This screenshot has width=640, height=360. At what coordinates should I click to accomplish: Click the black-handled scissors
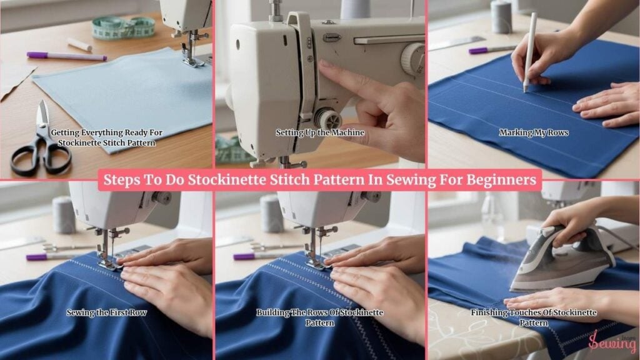(41, 143)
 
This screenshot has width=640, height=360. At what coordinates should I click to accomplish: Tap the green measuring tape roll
(123, 27)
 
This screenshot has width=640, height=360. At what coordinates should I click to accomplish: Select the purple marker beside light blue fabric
(66, 56)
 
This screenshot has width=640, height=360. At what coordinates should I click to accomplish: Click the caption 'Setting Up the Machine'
(320, 132)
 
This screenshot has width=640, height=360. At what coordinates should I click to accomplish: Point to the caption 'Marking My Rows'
(534, 132)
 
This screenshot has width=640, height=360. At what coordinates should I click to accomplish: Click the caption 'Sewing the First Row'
(106, 312)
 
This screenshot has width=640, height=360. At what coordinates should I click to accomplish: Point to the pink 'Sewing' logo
(612, 342)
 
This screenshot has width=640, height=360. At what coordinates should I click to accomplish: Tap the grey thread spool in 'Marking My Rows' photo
(501, 17)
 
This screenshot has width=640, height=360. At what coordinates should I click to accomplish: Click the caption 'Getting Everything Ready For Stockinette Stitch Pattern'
(106, 138)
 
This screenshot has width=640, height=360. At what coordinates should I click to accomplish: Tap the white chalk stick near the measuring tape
(79, 44)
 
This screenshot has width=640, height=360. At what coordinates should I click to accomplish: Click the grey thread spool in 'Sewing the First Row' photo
(64, 215)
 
